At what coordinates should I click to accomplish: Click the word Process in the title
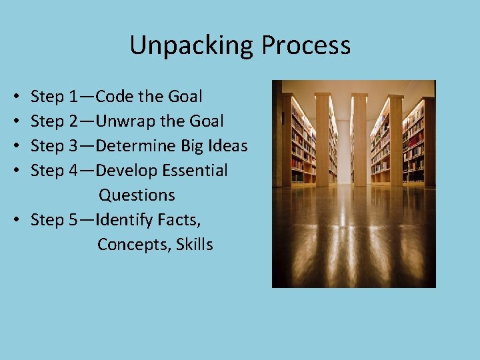[306, 45]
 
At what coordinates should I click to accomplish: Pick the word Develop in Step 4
[123, 171]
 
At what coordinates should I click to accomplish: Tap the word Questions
[137, 195]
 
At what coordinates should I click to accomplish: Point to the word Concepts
[133, 245]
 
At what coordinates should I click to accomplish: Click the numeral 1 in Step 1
[72, 97]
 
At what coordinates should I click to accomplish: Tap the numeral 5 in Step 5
[73, 220]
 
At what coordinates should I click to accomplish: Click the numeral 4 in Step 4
[73, 171]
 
